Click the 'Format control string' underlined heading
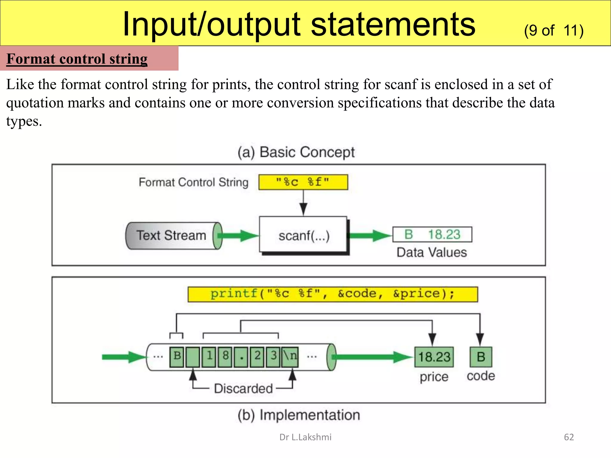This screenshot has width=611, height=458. pos(77,59)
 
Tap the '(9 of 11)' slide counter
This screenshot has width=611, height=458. pos(553,31)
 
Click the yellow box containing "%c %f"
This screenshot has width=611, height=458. pos(303,182)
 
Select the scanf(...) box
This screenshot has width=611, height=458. pos(303,235)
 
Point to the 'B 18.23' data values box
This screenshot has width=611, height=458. pos(432,235)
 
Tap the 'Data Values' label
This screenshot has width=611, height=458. pos(431,253)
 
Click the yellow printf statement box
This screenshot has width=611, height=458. pos(332,294)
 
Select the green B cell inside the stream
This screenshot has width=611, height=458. pos(177,357)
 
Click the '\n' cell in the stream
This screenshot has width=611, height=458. pos(290,357)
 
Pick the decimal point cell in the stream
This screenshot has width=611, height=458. pos(241,357)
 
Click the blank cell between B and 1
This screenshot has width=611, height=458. pos(193,357)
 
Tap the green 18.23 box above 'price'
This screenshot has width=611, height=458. pos(434,357)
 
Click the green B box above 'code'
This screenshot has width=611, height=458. pos(481,357)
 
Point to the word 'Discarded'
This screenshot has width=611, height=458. pos(243,389)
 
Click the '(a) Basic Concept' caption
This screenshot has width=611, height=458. pos(296,152)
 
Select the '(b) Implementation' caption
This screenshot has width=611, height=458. pos(299,415)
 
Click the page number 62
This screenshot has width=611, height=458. pos(569,437)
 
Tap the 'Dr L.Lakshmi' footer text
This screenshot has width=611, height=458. pos(305,437)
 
